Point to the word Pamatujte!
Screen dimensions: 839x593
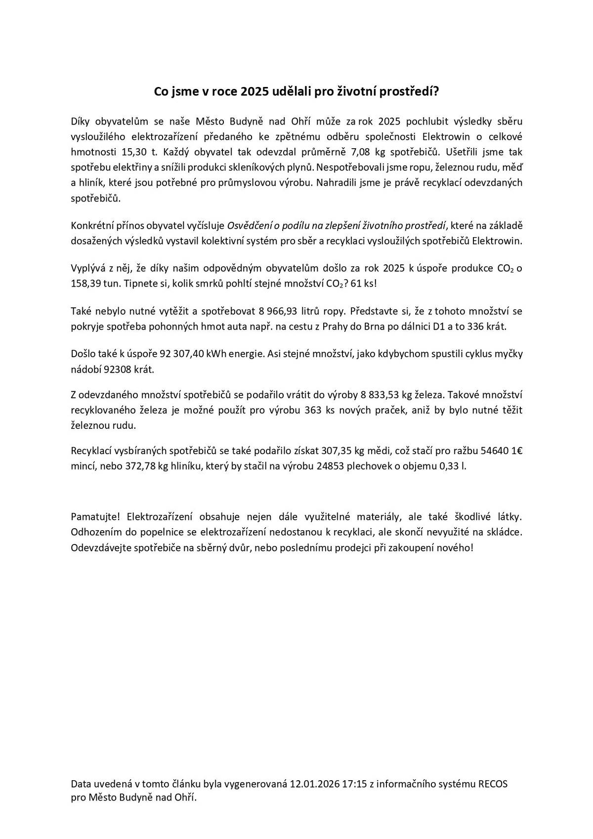tap(96, 517)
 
